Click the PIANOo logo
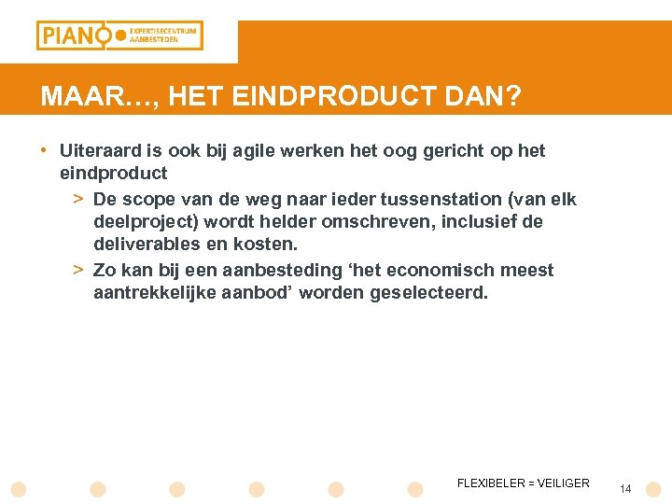[x=119, y=35]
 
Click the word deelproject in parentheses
[x=143, y=222]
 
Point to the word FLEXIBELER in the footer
[x=491, y=483]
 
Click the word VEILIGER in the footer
[x=563, y=483]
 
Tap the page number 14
[x=625, y=489]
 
